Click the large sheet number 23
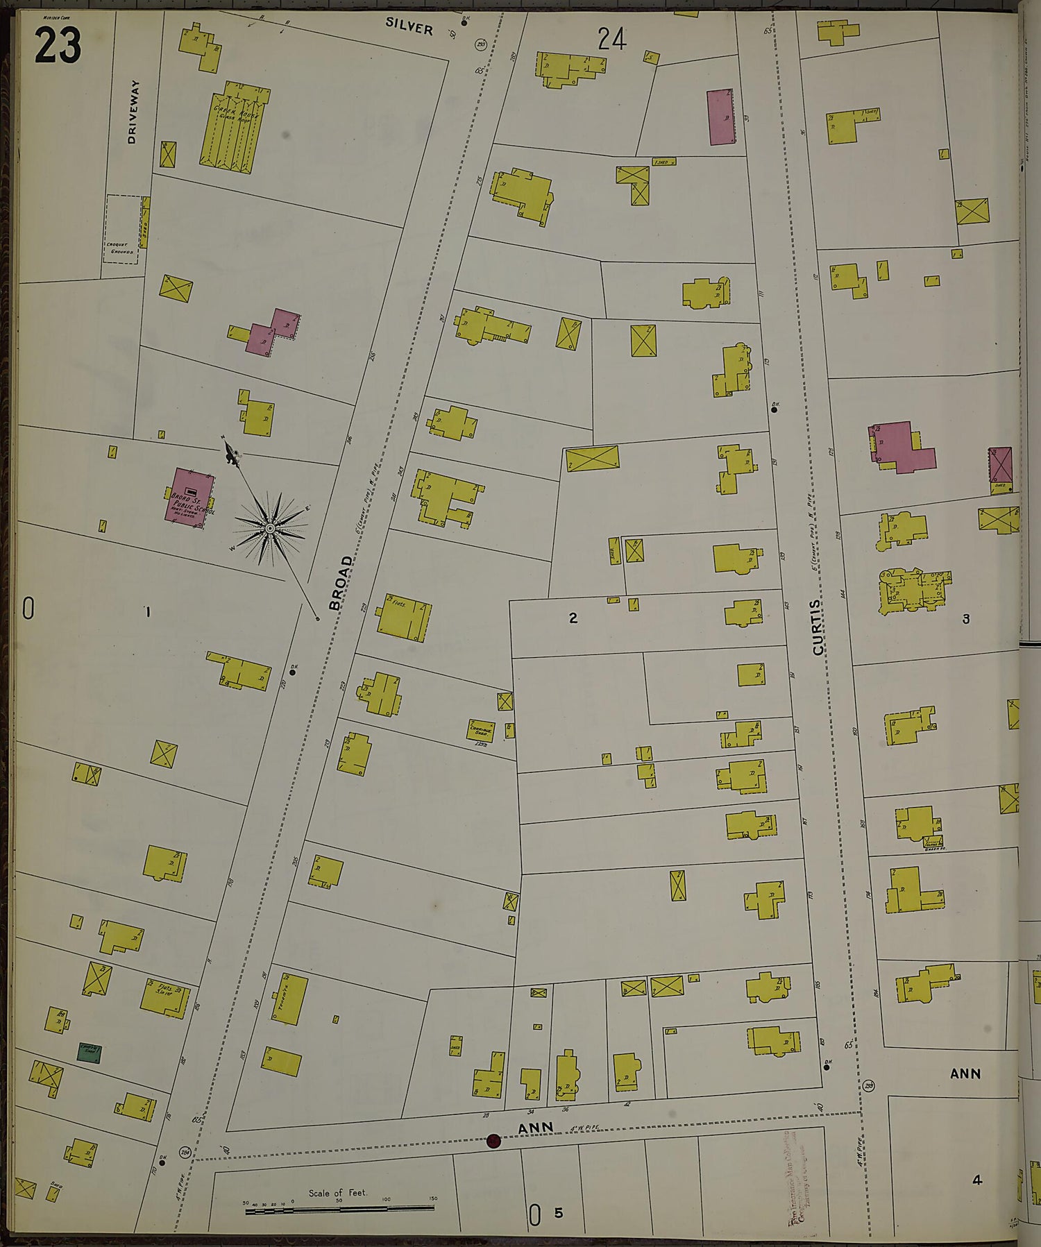pos(58,44)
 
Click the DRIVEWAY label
pos(133,112)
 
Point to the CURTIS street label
pos(818,627)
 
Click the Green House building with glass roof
pos(235,128)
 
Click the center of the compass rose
pos(270,529)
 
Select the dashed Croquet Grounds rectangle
pos(121,228)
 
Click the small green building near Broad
pos(89,1053)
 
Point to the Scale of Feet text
pos(338,1193)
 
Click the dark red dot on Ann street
pos(493,1141)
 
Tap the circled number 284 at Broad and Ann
pos(185,1152)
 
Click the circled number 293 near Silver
pos(481,44)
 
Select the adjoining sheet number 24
pos(612,39)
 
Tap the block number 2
pos(573,618)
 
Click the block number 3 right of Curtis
pos(965,618)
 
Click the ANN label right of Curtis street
pos(965,1074)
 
